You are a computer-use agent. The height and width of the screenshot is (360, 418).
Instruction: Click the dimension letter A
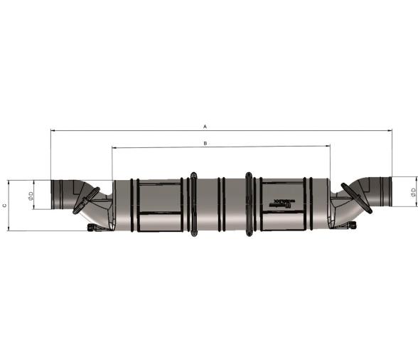click(x=205, y=126)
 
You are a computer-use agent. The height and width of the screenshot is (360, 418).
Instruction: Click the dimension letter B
click(x=205, y=143)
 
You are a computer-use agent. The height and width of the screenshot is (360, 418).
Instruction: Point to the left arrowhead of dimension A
click(x=53, y=130)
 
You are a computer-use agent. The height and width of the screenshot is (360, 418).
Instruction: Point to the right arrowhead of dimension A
click(x=390, y=130)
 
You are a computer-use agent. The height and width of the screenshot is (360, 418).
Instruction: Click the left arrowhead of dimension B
click(x=114, y=147)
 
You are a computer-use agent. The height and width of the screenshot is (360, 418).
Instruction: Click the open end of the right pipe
click(x=390, y=190)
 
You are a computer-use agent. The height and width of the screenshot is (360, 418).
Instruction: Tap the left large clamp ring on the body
click(x=193, y=203)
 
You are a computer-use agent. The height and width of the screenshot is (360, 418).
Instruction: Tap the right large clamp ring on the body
click(x=249, y=203)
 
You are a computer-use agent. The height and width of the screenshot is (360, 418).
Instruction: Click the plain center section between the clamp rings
click(x=221, y=203)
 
